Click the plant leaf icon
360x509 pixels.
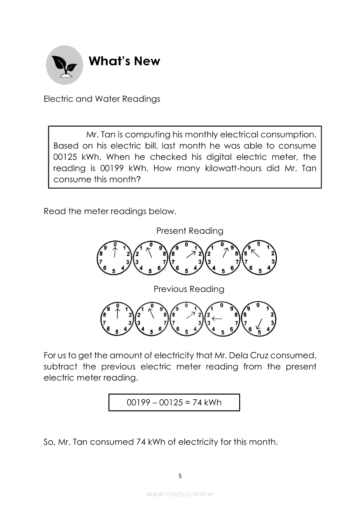65,65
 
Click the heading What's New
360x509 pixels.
124,61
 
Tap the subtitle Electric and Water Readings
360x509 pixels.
102,99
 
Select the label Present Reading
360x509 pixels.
190,231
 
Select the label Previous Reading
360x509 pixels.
189,289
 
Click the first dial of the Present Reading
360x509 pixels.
114,258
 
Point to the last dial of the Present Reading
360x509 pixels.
259,258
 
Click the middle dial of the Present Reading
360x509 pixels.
187,258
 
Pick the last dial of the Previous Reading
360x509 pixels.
259,318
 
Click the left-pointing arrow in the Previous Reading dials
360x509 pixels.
217,319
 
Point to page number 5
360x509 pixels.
180,475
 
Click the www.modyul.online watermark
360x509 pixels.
180,494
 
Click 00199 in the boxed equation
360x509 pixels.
139,402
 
